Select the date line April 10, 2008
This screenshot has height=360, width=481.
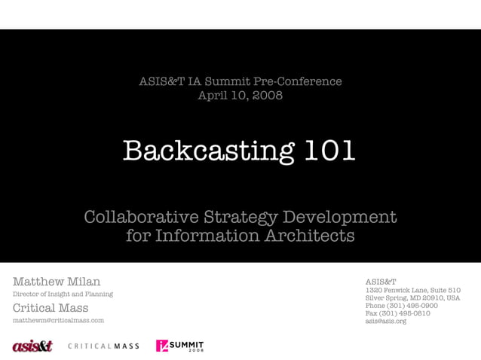[240, 96]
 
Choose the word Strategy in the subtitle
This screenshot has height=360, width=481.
[240, 218]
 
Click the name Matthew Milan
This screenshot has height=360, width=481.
[57, 282]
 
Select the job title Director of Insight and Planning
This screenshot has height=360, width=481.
[63, 294]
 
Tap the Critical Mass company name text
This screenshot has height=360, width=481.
[51, 308]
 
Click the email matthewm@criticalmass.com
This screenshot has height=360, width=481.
[58, 321]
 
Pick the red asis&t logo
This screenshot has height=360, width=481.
[32, 346]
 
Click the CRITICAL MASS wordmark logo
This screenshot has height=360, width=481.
[103, 346]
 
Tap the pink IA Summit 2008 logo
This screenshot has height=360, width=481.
[179, 346]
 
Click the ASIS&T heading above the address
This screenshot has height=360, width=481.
[381, 282]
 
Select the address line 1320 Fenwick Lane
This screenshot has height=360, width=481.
[412, 291]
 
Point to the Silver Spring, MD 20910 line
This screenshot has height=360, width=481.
[412, 298]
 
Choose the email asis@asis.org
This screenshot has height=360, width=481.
[385, 322]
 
